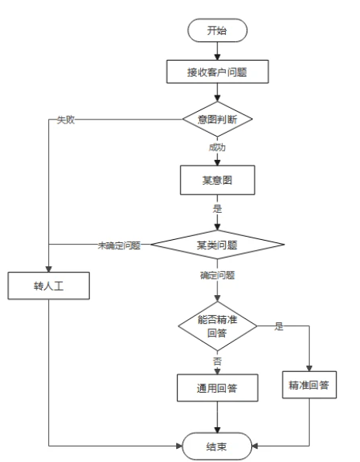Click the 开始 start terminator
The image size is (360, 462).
[217, 30]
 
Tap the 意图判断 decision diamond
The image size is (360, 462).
[217, 120]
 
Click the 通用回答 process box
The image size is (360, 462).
[217, 389]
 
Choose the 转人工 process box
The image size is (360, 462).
[48, 285]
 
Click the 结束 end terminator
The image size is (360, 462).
[217, 446]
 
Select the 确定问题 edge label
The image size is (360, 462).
[218, 274]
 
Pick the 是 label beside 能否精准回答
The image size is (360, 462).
[279, 327]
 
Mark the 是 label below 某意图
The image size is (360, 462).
[218, 209]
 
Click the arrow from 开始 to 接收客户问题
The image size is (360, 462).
[217, 50]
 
